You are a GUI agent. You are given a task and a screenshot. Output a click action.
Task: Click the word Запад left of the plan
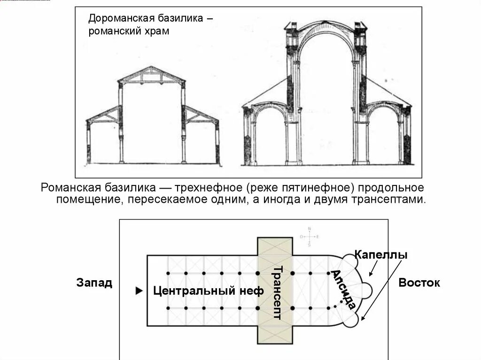pyautogui.click(x=94, y=283)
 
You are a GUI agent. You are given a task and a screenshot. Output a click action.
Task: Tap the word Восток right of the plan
pyautogui.click(x=419, y=283)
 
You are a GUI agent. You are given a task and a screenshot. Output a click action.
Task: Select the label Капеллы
pyautogui.click(x=380, y=255)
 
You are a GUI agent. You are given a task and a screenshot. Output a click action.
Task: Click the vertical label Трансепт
pyautogui.click(x=276, y=292)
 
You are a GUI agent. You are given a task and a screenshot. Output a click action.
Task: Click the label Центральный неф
pyautogui.click(x=209, y=291)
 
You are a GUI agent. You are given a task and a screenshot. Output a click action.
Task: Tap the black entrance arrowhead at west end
pyautogui.click(x=139, y=291)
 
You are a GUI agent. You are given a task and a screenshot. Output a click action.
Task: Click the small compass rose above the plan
pyautogui.click(x=310, y=237)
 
